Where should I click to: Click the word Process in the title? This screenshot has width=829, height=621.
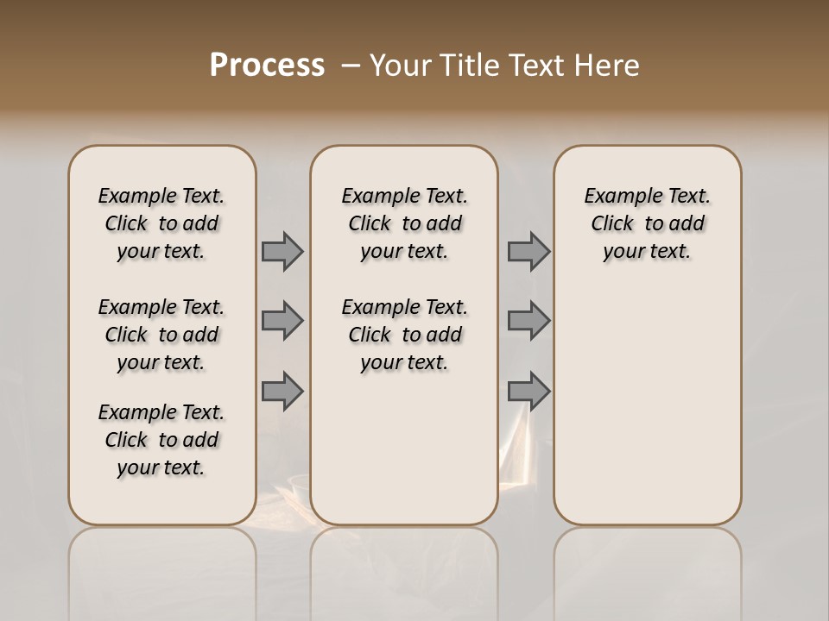coord(267,66)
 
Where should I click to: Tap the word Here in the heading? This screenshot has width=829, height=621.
coord(608,66)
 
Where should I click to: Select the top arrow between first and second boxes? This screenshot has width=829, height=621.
coord(282,252)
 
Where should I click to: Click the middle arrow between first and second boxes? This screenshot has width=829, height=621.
coord(282,321)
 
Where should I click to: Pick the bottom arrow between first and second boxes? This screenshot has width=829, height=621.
coord(282,391)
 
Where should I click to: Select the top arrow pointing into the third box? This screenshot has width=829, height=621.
coord(528,252)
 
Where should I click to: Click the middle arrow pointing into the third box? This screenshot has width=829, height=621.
coord(528,321)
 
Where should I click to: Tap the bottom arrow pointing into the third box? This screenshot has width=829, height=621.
coord(528,391)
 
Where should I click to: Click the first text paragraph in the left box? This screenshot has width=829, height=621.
coord(161,223)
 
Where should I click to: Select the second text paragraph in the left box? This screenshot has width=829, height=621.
coord(161,335)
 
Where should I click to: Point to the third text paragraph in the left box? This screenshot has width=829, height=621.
coord(161,440)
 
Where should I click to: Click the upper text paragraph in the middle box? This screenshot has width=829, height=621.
coord(404,223)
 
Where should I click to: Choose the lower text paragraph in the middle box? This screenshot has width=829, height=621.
coord(404,335)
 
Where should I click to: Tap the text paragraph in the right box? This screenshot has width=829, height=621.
coord(647,223)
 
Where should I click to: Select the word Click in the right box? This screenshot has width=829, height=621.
coord(612,224)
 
